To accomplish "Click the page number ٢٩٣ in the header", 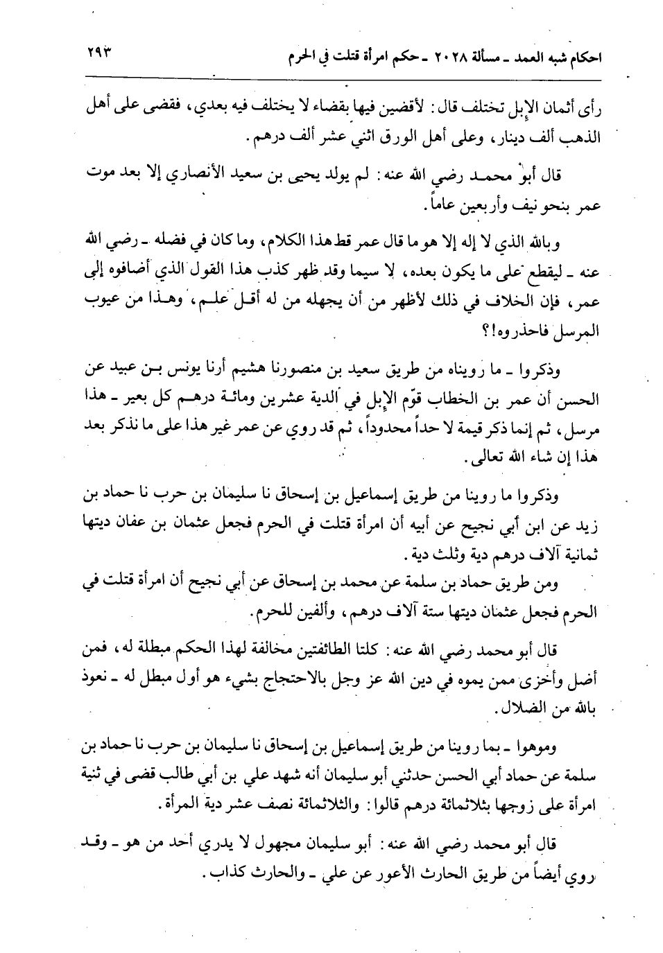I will [101, 53].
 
